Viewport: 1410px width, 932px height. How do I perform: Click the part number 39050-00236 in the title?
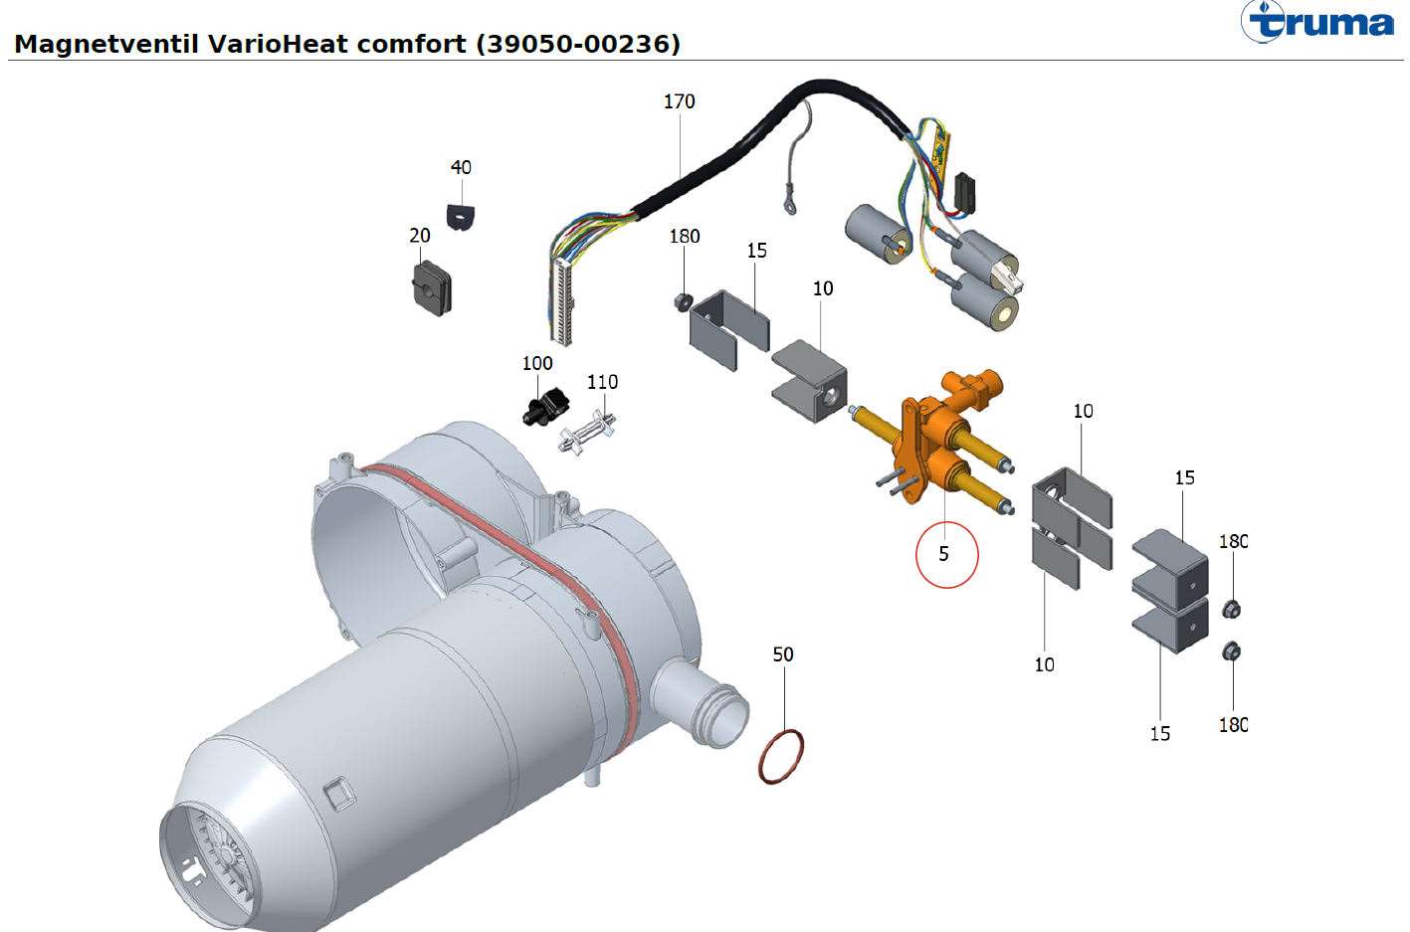(578, 44)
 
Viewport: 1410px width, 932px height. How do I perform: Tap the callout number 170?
(679, 101)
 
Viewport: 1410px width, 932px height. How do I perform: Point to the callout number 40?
(461, 167)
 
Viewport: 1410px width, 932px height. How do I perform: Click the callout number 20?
(420, 236)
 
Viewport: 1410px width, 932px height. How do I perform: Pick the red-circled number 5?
(944, 554)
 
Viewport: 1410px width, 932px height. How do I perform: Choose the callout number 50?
(783, 654)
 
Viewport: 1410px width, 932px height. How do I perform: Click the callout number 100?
(537, 363)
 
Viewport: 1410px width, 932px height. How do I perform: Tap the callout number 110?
(602, 382)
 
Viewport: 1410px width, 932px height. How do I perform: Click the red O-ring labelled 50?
(781, 756)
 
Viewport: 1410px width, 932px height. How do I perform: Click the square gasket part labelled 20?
(429, 287)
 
